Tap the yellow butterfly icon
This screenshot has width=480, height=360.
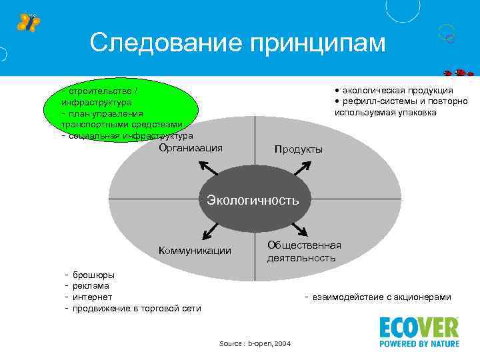click(28, 22)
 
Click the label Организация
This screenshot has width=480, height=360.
click(191, 148)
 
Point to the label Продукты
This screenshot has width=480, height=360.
click(298, 149)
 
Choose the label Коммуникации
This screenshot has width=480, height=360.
click(195, 251)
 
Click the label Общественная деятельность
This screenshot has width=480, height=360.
click(304, 251)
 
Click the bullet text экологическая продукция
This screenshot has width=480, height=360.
click(397, 91)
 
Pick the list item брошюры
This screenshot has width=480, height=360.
click(93, 275)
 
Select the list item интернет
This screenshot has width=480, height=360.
click(92, 297)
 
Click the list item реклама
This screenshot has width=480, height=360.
click(91, 285)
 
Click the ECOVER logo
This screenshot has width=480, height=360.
click(419, 332)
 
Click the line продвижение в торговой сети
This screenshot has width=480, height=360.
click(136, 308)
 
